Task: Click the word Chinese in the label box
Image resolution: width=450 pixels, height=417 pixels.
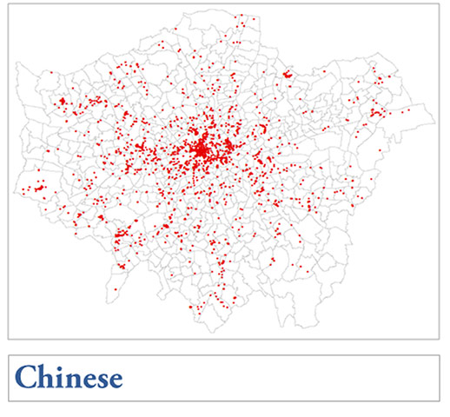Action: (x=69, y=378)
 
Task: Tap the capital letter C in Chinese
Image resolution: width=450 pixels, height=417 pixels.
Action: (x=26, y=378)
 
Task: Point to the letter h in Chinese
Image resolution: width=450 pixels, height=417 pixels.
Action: (x=45, y=378)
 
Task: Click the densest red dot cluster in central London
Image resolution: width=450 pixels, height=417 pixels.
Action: (x=201, y=150)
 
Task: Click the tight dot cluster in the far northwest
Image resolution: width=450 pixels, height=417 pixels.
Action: (x=62, y=103)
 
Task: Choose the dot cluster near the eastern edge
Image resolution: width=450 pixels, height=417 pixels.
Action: (x=376, y=112)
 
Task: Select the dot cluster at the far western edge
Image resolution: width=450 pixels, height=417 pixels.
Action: (x=38, y=187)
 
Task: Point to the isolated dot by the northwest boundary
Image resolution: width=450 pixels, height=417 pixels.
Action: (x=51, y=72)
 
